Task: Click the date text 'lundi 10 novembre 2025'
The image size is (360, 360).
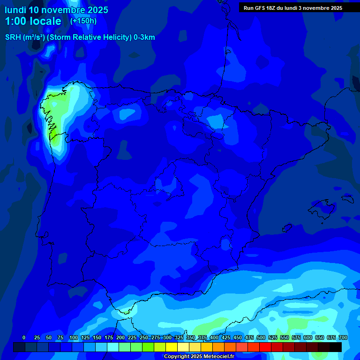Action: click(x=56, y=10)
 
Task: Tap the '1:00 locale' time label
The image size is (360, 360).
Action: click(x=33, y=21)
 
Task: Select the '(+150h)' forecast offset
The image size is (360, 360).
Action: click(x=83, y=21)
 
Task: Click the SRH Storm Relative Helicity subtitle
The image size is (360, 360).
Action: click(x=80, y=37)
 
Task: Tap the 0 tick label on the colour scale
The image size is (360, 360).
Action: click(x=24, y=338)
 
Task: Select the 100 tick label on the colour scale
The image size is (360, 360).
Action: click(x=74, y=338)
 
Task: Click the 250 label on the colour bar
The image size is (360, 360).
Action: click(x=144, y=338)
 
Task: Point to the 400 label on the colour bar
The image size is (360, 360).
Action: click(x=214, y=338)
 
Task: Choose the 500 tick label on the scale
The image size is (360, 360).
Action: click(x=261, y=338)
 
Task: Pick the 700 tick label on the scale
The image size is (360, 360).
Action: click(x=343, y=338)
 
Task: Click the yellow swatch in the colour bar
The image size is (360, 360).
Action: click(x=172, y=347)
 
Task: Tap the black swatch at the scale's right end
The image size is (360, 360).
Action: click(x=336, y=347)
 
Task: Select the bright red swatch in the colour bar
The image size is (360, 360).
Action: click(x=265, y=347)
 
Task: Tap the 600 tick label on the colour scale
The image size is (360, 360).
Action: click(x=308, y=338)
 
